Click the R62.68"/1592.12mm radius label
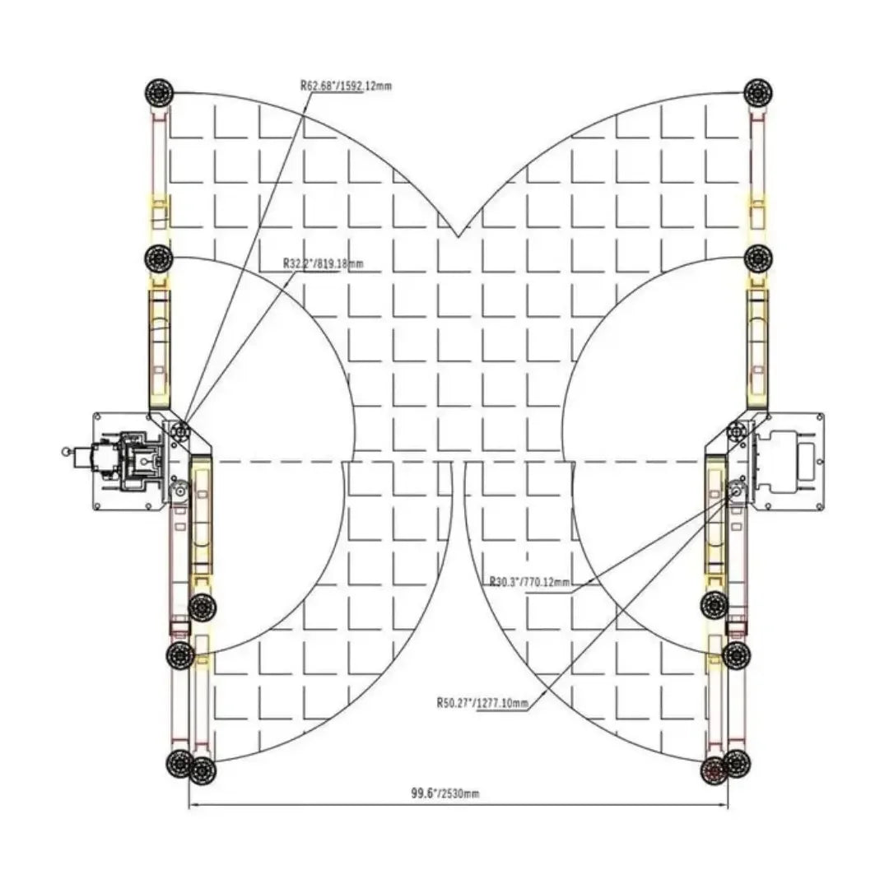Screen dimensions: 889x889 (346, 84)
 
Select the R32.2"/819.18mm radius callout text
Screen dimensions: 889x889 (323, 263)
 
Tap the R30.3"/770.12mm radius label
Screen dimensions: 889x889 (529, 582)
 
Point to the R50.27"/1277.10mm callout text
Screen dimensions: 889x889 (482, 703)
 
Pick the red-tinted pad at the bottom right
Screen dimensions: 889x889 (714, 770)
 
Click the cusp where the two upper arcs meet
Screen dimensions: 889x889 (457, 237)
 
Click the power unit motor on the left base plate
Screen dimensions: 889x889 (123, 461)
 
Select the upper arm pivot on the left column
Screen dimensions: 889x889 (179, 430)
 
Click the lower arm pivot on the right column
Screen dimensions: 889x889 (735, 491)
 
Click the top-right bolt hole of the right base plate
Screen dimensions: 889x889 (818, 417)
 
